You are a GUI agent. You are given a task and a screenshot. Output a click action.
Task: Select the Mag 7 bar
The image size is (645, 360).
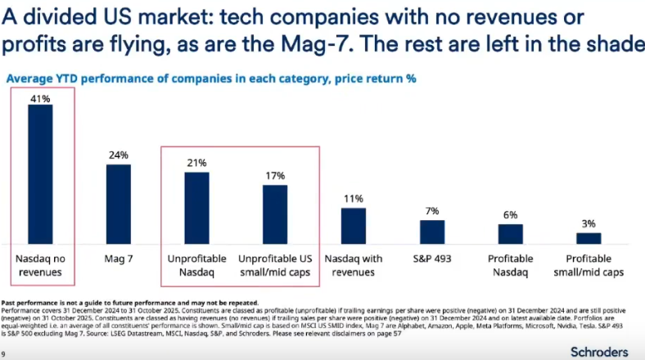tap(118, 204)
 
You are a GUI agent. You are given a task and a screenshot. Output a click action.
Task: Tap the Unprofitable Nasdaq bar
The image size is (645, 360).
tap(196, 208)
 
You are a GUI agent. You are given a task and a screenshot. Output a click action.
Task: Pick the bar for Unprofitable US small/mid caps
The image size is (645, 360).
tap(275, 214)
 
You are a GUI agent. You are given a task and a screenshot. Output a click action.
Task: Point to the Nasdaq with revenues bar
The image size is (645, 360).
tap(354, 225)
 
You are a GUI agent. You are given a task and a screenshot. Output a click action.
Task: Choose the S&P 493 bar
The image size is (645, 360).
tap(432, 232)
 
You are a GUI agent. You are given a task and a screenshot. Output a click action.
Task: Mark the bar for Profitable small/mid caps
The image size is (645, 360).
tap(589, 237)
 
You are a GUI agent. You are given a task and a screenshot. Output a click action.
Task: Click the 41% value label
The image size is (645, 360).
tap(40, 98)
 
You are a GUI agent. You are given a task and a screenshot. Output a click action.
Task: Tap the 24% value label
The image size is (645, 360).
tap(118, 155)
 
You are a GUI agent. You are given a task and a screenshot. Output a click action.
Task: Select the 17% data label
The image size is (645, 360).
tap(275, 176)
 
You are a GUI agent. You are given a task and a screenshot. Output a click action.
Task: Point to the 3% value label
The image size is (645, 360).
tap(589, 223)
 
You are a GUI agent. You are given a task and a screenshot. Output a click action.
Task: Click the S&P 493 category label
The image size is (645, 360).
tap(432, 259)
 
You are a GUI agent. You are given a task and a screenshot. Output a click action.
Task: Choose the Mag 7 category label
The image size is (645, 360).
tap(118, 259)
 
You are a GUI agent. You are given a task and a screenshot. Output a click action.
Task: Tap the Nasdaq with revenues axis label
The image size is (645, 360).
tap(354, 265)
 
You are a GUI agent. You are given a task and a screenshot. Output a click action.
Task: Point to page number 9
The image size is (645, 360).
tap(4, 353)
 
